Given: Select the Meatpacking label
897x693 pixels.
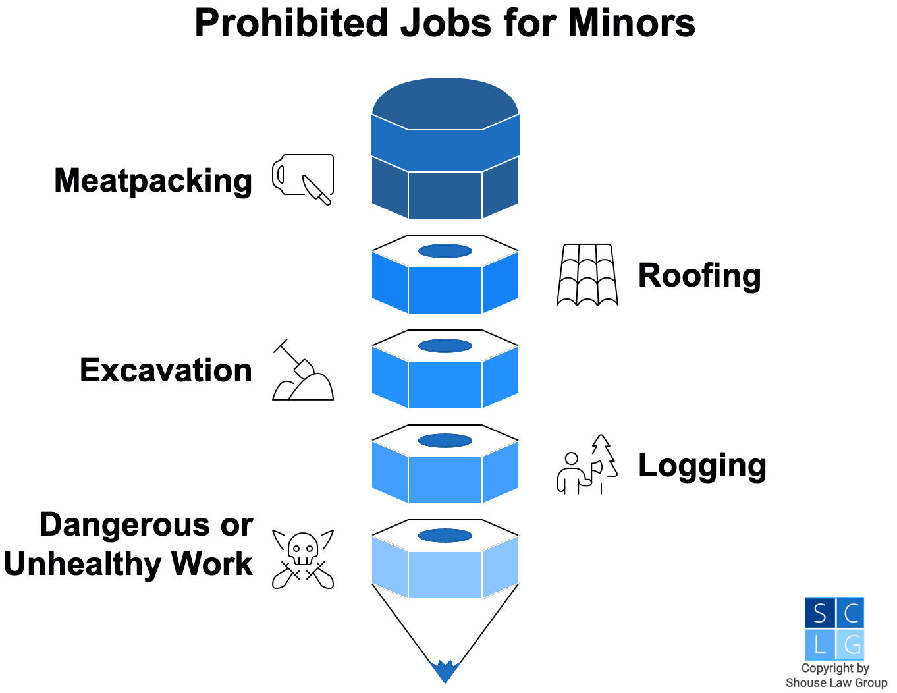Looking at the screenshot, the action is [153, 181].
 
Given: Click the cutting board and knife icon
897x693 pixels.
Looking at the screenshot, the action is [303, 180].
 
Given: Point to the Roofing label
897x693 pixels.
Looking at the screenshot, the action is [699, 276].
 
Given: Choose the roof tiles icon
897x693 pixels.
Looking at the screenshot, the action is [587, 275].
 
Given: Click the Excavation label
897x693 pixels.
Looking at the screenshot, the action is [166, 370].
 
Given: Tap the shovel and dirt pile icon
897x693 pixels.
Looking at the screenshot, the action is [303, 370].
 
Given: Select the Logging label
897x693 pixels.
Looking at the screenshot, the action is [702, 465].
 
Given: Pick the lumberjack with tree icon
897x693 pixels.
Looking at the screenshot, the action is [587, 464].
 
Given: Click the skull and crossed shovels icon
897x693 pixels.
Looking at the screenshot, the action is [303, 559].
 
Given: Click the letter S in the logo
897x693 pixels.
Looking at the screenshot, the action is [820, 614].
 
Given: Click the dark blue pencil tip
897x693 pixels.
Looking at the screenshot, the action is [445, 671].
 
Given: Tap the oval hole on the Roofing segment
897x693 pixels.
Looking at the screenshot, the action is [445, 251].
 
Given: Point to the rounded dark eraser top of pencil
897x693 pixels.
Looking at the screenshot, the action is [445, 103].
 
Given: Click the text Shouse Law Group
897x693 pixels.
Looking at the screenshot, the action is [836, 682].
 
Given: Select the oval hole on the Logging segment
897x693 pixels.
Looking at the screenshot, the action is [445, 441].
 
